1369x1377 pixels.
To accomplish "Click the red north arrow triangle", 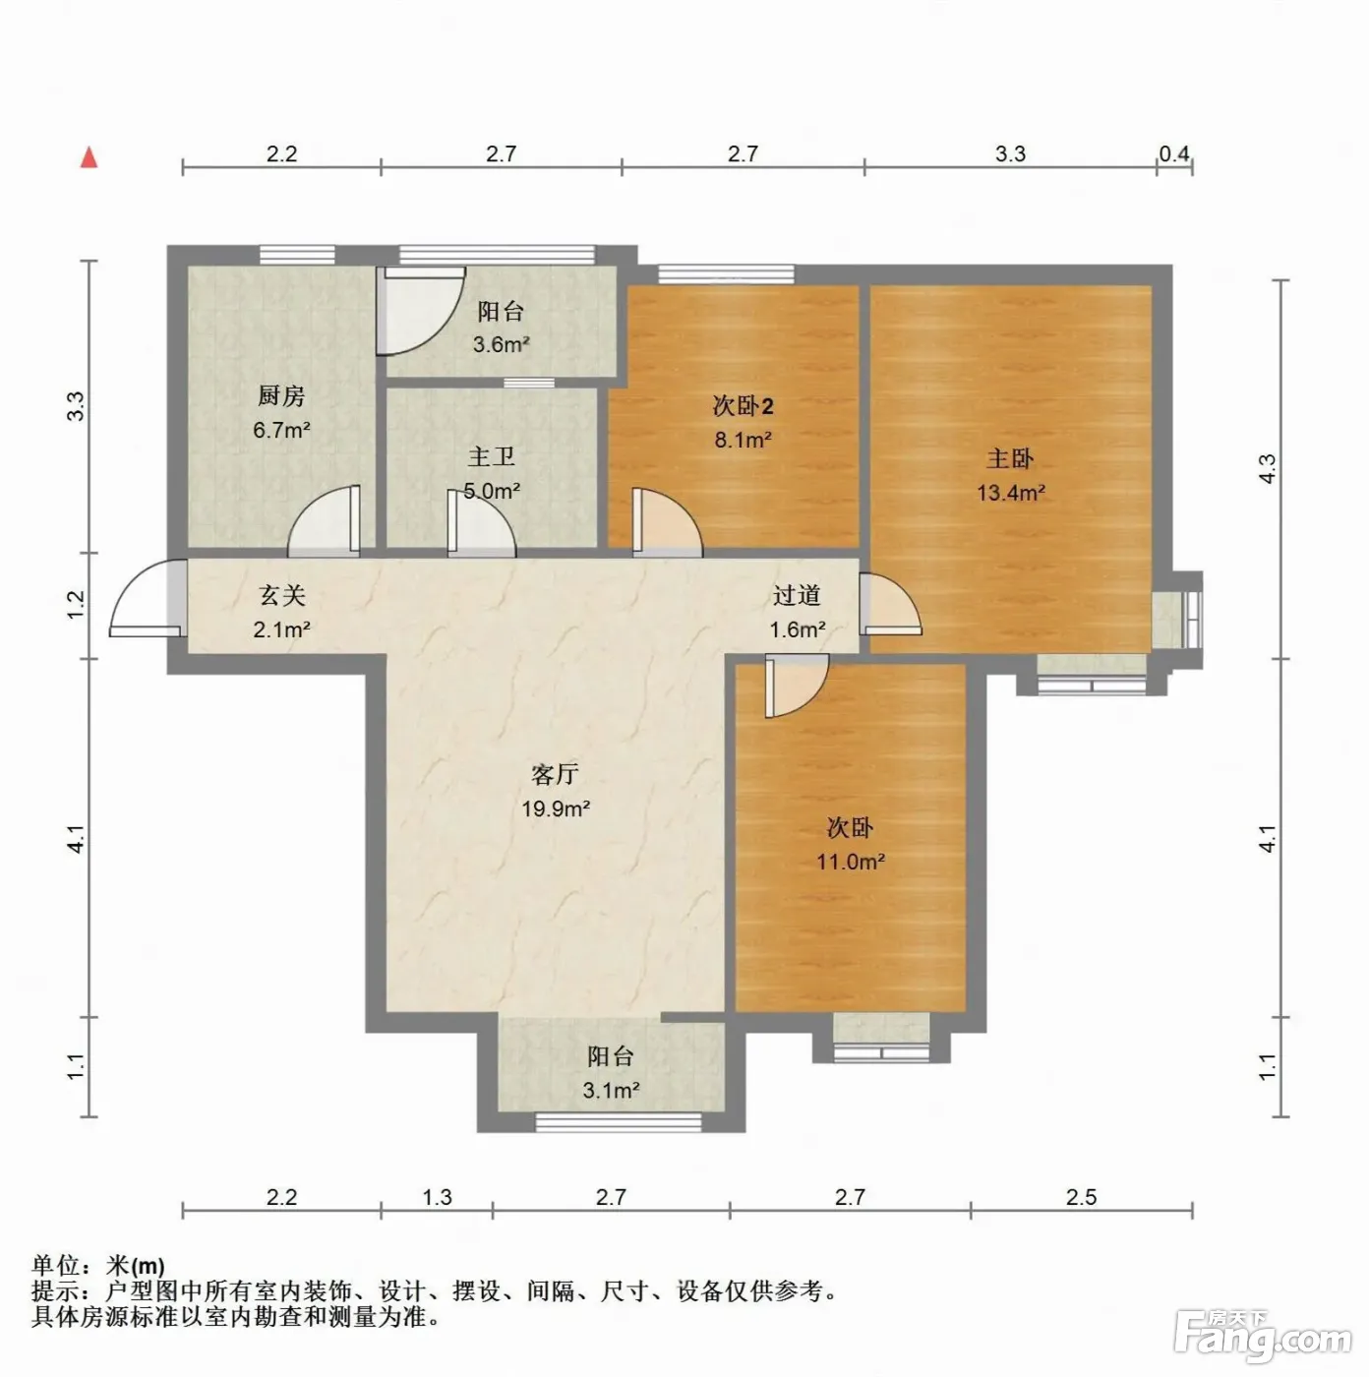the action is pyautogui.click(x=89, y=157).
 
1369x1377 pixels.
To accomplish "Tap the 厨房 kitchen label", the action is pyautogui.click(x=281, y=395).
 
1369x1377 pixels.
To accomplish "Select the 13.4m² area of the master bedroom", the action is pyautogui.click(x=1010, y=493).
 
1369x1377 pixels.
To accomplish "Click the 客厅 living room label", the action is pyautogui.click(x=555, y=775).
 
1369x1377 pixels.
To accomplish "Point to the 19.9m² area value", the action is pyautogui.click(x=556, y=808).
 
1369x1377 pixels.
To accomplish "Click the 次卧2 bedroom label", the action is pyautogui.click(x=743, y=406).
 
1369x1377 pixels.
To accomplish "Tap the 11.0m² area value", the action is pyautogui.click(x=851, y=862).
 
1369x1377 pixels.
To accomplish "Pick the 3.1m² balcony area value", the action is pyautogui.click(x=610, y=1091).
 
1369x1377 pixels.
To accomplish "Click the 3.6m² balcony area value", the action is pyautogui.click(x=501, y=344).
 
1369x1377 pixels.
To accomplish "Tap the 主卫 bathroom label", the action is pyautogui.click(x=491, y=457).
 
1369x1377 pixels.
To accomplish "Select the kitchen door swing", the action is pyautogui.click(x=324, y=520).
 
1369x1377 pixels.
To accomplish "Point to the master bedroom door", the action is pyautogui.click(x=890, y=604).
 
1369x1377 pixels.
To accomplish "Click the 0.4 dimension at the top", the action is pyautogui.click(x=1174, y=153).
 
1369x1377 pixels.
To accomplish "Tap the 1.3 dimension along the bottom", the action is pyautogui.click(x=437, y=1197).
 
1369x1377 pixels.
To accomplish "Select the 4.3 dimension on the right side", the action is pyautogui.click(x=1267, y=469).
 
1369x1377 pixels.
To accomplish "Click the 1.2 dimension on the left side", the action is pyautogui.click(x=76, y=605).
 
